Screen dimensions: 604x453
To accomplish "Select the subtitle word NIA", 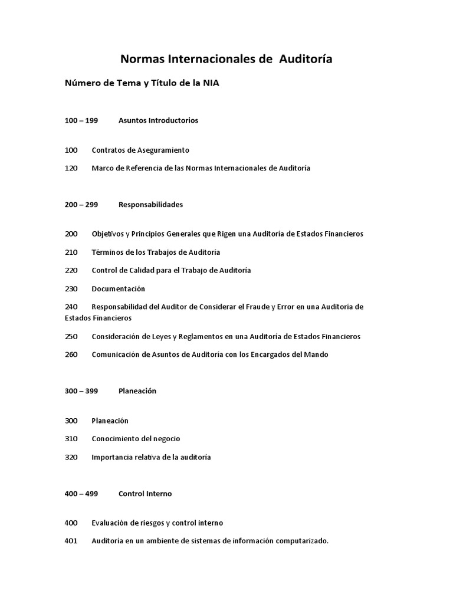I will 212,83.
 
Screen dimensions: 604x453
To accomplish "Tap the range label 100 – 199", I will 81,120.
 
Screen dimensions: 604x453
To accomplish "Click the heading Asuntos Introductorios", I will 158,120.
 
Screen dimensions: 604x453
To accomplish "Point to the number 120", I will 71,168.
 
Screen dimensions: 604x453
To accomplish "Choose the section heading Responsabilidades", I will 150,205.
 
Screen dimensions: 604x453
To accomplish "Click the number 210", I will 71,252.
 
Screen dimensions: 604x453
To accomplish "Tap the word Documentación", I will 118,289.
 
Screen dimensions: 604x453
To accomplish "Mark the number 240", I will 71,307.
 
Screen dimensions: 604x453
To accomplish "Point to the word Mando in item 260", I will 316,354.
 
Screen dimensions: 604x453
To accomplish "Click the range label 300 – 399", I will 81,391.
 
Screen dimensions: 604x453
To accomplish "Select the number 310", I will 71,439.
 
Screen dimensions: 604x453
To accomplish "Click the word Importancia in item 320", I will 113,457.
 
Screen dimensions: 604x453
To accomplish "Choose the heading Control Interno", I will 145,494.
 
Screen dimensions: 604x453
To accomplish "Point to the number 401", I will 71,541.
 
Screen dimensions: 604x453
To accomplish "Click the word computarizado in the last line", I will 303,541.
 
